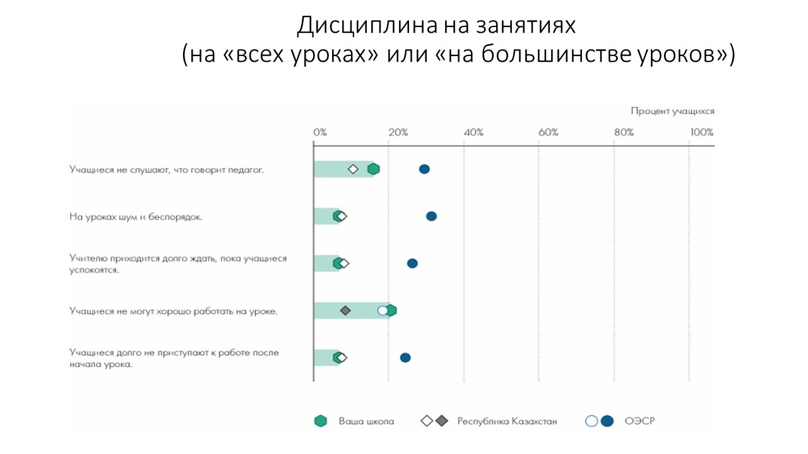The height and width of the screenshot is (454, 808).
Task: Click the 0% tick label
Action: (x=320, y=132)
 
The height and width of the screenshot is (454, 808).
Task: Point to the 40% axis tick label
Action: (x=473, y=132)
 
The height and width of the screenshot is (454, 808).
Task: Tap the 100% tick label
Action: (x=701, y=132)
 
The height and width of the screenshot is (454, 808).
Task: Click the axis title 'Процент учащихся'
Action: (x=672, y=112)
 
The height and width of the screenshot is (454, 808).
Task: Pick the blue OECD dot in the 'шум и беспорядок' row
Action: (x=431, y=216)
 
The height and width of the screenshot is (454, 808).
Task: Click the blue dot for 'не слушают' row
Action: (x=424, y=169)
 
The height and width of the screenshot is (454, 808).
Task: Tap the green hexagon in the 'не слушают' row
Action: (x=374, y=169)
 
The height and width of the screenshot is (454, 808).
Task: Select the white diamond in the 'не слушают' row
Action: (x=353, y=169)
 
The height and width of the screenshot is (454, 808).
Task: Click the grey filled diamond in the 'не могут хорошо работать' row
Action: (x=345, y=310)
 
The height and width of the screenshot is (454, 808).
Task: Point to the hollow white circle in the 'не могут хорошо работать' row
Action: (x=383, y=310)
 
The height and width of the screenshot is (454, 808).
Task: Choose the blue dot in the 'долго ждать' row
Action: (x=412, y=264)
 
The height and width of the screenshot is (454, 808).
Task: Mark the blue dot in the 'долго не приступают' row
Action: (x=405, y=358)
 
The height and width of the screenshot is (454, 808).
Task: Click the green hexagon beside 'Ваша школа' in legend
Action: (x=321, y=421)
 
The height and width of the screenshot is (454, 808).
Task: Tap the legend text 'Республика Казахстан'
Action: (x=507, y=421)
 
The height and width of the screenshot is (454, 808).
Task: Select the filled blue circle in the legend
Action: (x=607, y=421)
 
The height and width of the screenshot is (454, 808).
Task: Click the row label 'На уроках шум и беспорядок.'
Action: (x=136, y=217)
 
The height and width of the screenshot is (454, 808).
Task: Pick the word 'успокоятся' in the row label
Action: (x=94, y=270)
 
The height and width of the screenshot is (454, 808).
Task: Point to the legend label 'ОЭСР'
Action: (x=639, y=421)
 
